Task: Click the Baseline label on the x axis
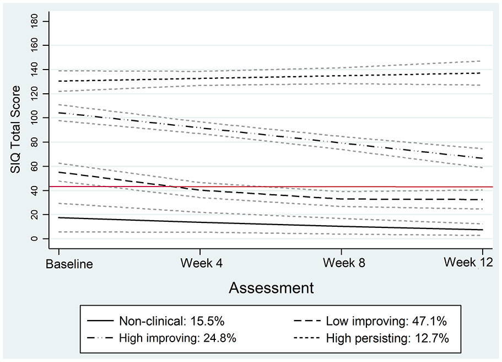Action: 69,264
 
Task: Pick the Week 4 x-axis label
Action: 202,263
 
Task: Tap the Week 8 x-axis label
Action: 344,263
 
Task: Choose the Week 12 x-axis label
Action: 468,263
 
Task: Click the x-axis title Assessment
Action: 271,288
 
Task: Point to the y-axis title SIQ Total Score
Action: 15,129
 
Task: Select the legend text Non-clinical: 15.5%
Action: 171,321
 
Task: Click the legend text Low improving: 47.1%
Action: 386,321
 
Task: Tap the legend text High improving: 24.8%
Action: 177,338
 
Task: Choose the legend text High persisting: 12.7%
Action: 387,338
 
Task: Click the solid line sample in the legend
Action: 100,321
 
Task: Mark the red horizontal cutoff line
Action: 271,187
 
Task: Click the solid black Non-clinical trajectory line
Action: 271,224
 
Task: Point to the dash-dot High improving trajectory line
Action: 271,136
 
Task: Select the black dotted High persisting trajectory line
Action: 271,77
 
